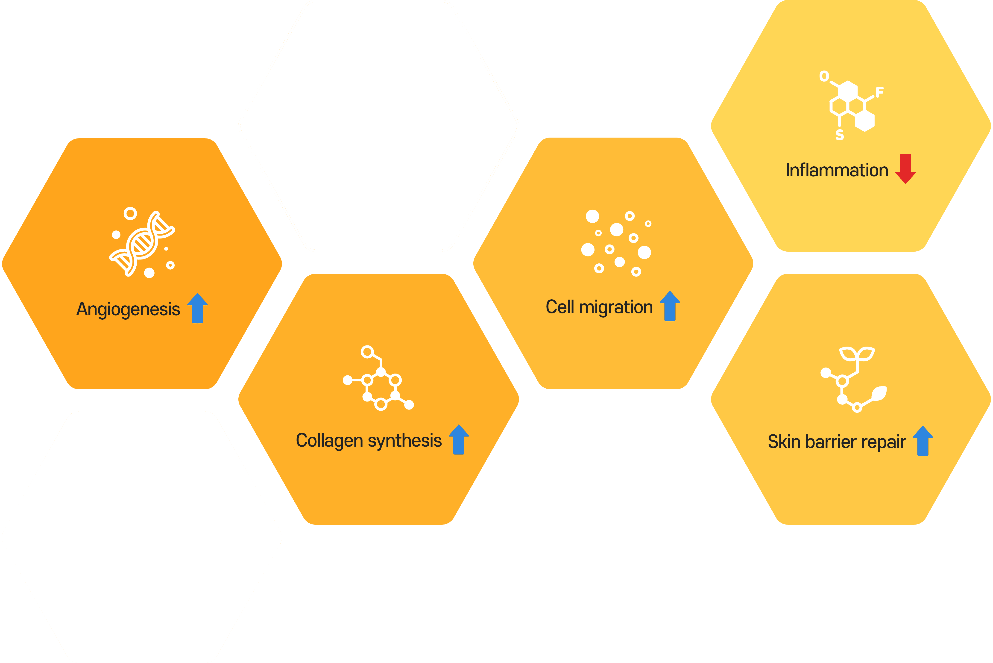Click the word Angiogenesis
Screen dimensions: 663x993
(x=128, y=309)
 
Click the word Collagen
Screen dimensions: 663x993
(x=329, y=441)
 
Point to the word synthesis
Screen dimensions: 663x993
(x=405, y=441)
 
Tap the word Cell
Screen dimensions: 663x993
(x=560, y=307)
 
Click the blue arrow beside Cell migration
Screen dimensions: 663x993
(x=670, y=306)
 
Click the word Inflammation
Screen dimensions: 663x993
(x=837, y=170)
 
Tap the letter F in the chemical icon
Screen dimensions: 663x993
(x=880, y=92)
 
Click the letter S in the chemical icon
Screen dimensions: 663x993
(x=840, y=135)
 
